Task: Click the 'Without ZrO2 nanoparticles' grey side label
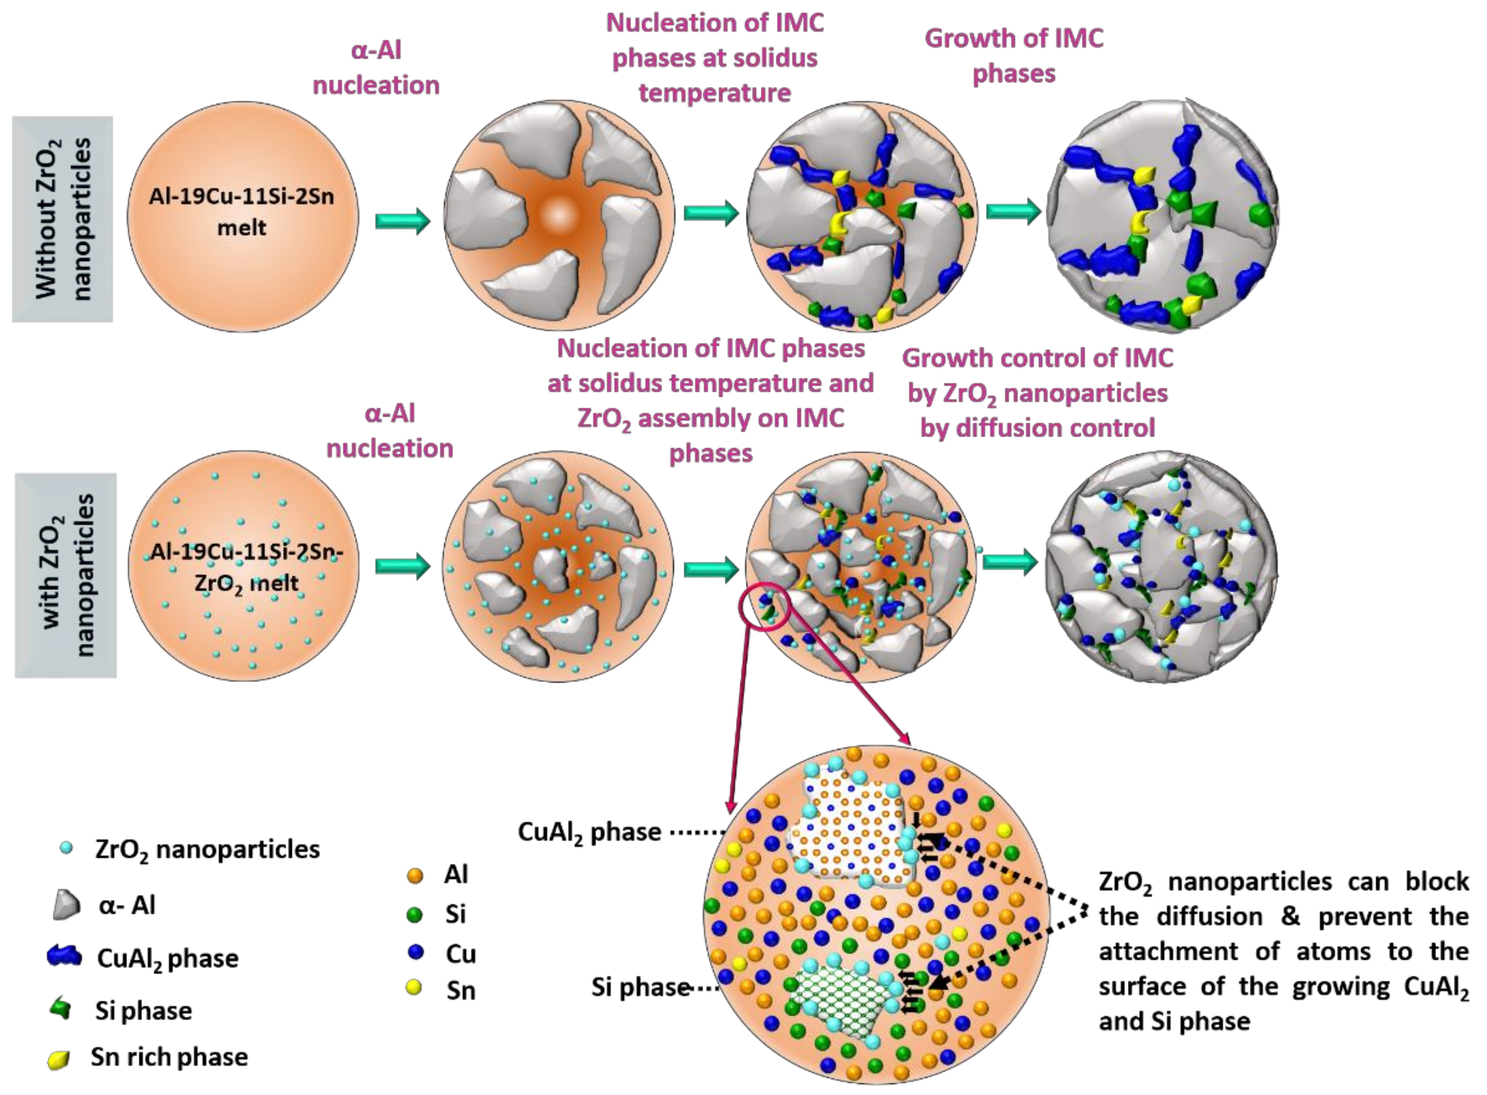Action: click(x=62, y=219)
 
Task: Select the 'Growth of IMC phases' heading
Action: click(x=1014, y=56)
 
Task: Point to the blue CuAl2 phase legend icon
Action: click(x=64, y=956)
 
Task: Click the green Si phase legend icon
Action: click(x=62, y=1009)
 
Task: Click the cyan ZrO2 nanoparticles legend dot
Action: click(x=66, y=848)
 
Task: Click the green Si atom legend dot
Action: click(x=415, y=915)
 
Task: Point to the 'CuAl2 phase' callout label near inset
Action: click(x=589, y=832)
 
